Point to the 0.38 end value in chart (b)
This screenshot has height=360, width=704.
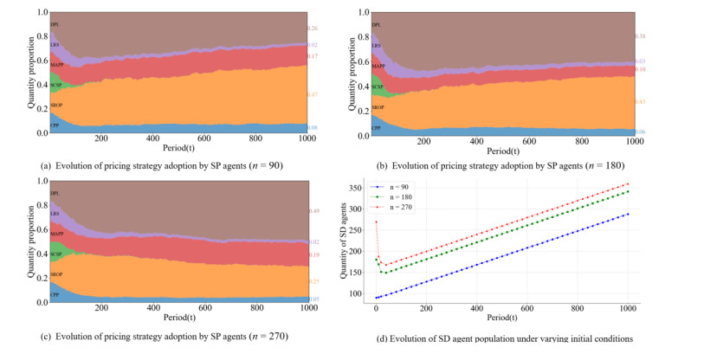pos(641,36)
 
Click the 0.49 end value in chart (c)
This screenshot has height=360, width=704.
pos(313,211)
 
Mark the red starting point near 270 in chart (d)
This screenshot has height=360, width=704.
pos(376,222)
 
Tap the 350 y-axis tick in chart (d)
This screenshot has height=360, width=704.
pos(355,187)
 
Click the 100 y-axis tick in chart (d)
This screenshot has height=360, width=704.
pos(355,294)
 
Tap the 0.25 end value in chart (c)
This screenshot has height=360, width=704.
pos(313,281)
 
